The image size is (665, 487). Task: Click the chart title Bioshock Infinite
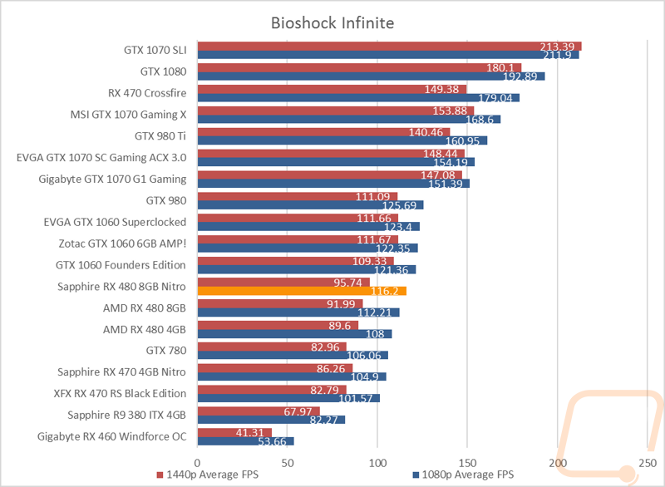(x=332, y=23)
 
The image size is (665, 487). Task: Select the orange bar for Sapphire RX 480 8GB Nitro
(x=302, y=291)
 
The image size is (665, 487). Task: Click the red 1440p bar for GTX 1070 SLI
(x=389, y=47)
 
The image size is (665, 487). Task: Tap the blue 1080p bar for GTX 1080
(x=371, y=76)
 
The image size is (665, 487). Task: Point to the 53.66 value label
(x=273, y=441)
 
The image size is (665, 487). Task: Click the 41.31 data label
(x=250, y=432)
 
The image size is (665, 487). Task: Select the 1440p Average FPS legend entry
(x=207, y=475)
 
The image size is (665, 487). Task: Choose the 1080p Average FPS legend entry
(x=463, y=475)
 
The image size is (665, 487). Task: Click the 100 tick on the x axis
(x=377, y=463)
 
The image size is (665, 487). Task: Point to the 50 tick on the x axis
(x=288, y=463)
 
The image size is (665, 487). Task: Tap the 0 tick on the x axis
(x=197, y=463)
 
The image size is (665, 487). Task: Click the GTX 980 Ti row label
(x=160, y=136)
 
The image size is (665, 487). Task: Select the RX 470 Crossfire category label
(x=147, y=93)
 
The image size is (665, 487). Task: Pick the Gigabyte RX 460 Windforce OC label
(x=112, y=436)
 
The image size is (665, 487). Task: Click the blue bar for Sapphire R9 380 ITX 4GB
(x=271, y=420)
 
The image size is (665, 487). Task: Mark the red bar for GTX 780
(x=272, y=347)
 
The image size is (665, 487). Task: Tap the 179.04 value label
(x=495, y=98)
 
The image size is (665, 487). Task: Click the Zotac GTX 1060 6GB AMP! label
(x=122, y=243)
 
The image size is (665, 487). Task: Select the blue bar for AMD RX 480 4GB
(x=295, y=334)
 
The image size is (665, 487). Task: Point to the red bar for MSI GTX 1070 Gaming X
(x=336, y=111)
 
